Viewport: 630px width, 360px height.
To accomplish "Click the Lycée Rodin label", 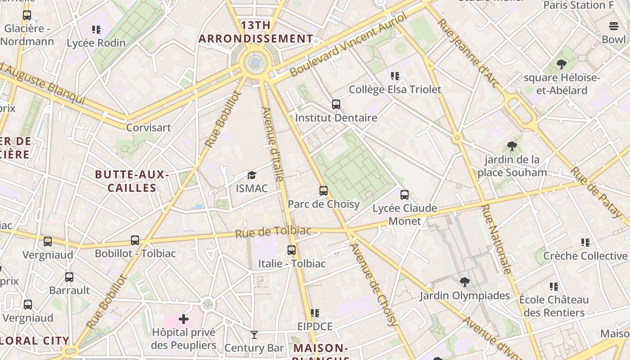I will [96, 43].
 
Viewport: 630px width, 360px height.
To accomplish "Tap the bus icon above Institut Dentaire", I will [336, 104].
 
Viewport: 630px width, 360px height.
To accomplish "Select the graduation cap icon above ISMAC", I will [252, 175].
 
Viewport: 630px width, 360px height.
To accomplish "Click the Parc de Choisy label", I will [324, 204].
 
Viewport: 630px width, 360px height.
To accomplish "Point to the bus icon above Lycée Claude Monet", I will [405, 195].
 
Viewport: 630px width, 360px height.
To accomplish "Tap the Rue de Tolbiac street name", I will [273, 232].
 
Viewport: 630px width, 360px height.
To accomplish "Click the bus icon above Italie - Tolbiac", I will [292, 250].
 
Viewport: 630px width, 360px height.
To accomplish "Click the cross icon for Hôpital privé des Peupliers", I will [184, 319].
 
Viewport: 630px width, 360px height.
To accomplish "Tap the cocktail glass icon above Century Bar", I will [254, 335].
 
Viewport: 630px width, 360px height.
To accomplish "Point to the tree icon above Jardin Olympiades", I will [464, 282].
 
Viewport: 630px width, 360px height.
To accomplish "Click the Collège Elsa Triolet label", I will [395, 90].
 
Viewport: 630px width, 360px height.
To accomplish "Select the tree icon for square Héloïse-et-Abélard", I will [561, 64].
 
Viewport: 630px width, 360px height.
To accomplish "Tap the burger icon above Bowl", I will [614, 26].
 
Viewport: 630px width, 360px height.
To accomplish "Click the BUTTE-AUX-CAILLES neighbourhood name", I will [132, 181].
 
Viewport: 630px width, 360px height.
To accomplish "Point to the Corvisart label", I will [148, 127].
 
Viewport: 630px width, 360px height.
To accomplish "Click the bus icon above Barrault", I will [69, 277].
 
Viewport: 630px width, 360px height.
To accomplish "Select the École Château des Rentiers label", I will [553, 306].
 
